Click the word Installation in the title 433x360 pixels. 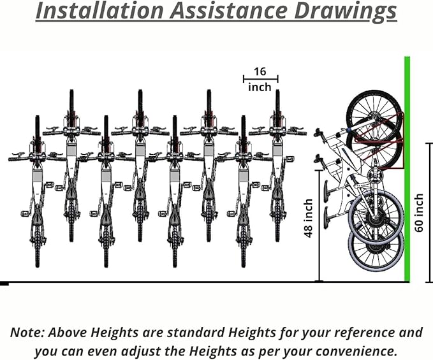click(100, 10)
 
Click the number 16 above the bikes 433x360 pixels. click(260, 71)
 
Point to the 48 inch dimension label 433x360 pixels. click(308, 218)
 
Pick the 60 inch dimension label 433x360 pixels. click(418, 213)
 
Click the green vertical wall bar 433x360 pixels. click(407, 169)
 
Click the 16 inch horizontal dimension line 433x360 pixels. click(261, 79)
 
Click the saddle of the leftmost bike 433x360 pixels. click(38, 218)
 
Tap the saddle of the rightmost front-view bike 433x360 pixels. click(277, 192)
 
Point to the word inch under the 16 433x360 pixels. click(260, 87)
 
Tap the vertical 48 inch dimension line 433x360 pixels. click(319, 226)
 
